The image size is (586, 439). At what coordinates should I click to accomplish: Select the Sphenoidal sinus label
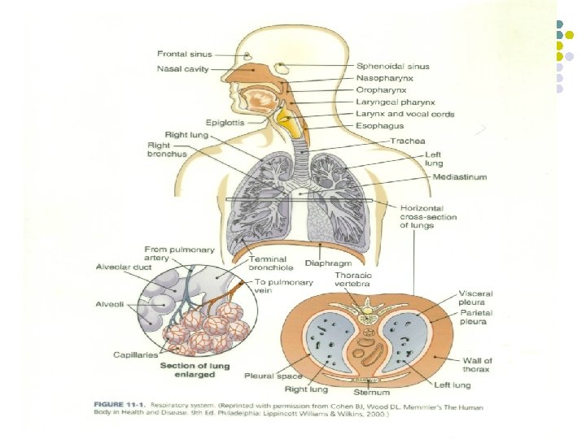pyautogui.click(x=392, y=66)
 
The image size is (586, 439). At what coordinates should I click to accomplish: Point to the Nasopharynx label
pyautogui.click(x=385, y=78)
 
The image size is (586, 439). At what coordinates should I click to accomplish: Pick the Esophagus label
pyautogui.click(x=379, y=127)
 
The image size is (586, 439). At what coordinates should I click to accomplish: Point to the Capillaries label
pyautogui.click(x=136, y=355)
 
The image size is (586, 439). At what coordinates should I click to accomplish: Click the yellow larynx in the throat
pyautogui.click(x=286, y=123)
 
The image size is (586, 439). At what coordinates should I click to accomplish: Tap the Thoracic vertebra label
pyautogui.click(x=355, y=280)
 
